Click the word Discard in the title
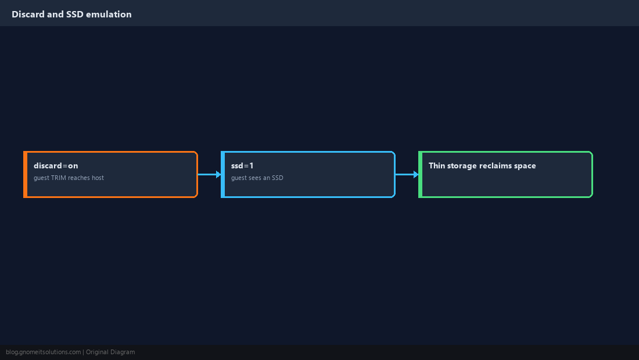(28, 15)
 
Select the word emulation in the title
(109, 15)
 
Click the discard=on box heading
(56, 165)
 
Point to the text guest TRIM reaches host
(69, 178)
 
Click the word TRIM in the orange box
(58, 178)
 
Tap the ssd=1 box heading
(242, 165)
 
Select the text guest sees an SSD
(257, 178)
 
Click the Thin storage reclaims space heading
(482, 165)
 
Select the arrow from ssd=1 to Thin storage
(407, 174)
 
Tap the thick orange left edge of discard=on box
(25, 174)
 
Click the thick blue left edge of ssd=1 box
(223, 174)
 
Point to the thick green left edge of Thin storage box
(421, 174)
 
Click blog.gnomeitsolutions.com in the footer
(43, 352)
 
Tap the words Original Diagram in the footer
(110, 352)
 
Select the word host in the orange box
(98, 178)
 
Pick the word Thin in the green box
(437, 165)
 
